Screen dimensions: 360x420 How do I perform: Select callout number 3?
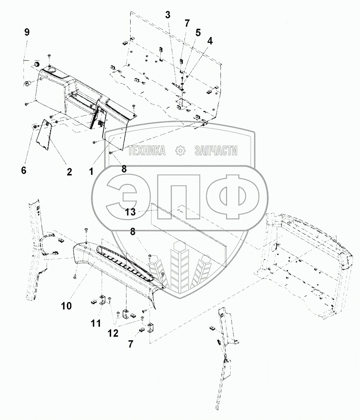point(168,15)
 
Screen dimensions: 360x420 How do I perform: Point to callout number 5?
point(198,32)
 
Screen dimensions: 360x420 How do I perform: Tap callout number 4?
point(210,41)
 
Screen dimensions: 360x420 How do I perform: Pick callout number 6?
point(24,170)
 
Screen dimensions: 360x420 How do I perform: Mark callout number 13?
point(130,212)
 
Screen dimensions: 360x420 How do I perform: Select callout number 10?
point(66,306)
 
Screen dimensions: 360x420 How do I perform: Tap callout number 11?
point(96,323)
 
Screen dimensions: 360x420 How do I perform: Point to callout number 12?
point(113,333)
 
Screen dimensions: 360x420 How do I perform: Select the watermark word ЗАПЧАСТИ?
point(216,150)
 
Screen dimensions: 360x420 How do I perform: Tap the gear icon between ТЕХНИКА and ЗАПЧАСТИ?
point(180,150)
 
